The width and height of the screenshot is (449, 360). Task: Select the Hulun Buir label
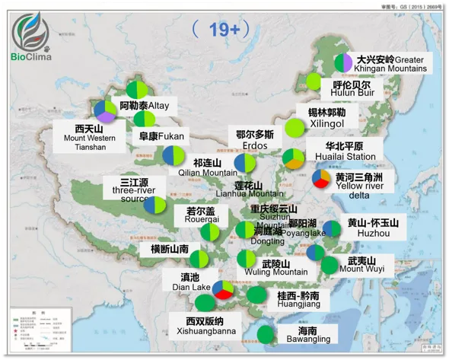(x=352, y=90)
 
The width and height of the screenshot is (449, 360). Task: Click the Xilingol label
(x=326, y=117)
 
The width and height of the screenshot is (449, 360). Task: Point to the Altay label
(x=145, y=106)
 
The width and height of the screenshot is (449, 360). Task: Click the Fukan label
(x=161, y=137)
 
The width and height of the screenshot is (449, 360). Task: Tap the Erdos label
(x=255, y=140)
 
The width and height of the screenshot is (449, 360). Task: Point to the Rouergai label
(x=201, y=215)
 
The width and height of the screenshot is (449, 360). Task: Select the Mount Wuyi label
(x=361, y=266)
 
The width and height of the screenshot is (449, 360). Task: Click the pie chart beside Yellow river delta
(x=322, y=180)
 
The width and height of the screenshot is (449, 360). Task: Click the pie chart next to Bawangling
(x=266, y=333)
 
